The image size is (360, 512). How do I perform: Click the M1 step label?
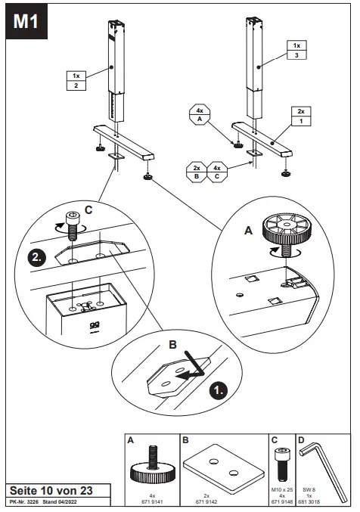tap(26, 21)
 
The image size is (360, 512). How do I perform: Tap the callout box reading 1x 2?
tap(76, 81)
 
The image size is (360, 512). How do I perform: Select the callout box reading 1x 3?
tap(296, 50)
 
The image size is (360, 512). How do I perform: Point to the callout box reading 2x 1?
tap(301, 116)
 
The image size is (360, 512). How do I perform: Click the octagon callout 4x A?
tap(200, 115)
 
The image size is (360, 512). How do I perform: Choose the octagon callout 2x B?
tap(197, 172)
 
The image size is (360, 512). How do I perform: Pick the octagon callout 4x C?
tap(217, 172)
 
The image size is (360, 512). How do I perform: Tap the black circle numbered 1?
tap(219, 389)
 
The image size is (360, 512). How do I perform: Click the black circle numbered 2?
tap(36, 258)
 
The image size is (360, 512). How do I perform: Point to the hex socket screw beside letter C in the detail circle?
tap(72, 225)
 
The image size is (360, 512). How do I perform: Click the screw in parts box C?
tap(281, 464)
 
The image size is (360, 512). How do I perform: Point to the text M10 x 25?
tap(282, 490)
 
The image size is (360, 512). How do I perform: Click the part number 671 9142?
tap(206, 501)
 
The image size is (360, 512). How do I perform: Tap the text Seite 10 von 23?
tap(51, 491)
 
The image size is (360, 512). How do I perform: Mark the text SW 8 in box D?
tap(309, 490)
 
